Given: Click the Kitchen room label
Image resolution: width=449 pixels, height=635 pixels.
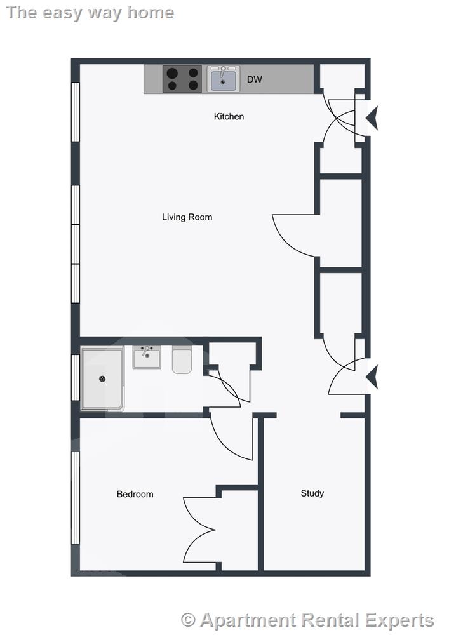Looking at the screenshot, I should click(x=229, y=116).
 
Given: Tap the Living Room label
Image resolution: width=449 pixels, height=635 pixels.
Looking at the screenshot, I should click(x=187, y=217).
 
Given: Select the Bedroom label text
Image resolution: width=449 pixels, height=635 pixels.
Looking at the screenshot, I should click(x=135, y=494).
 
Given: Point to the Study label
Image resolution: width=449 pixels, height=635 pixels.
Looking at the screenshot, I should click(x=312, y=493).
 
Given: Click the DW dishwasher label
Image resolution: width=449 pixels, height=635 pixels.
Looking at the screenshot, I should click(x=254, y=80).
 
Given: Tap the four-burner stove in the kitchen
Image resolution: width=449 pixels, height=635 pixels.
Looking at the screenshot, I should click(x=182, y=79).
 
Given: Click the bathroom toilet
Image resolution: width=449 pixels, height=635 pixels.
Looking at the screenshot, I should click(x=182, y=360).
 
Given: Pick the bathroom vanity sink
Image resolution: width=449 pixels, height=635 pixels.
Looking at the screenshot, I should click(x=147, y=357).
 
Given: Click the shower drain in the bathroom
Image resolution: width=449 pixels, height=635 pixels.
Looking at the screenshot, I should click(x=102, y=379).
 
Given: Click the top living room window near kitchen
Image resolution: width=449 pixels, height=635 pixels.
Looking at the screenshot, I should click(x=75, y=112).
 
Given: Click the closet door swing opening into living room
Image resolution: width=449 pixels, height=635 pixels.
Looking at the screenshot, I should click(x=294, y=235).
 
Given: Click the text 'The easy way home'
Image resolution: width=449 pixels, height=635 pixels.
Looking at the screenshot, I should click(x=90, y=13).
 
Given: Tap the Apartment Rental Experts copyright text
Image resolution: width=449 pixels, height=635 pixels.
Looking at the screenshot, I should click(x=307, y=620).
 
